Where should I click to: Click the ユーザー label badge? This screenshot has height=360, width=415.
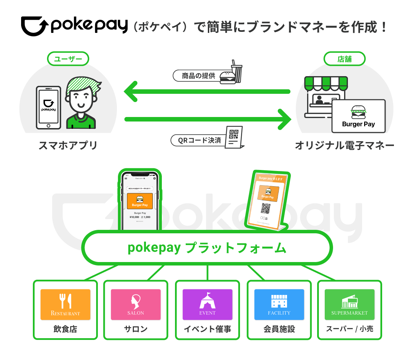pyautogui.click(x=68, y=59)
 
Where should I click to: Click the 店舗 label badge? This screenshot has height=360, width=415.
pyautogui.click(x=344, y=59)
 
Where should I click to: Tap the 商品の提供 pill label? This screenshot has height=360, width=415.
pyautogui.click(x=198, y=76)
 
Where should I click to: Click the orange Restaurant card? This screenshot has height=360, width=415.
pyautogui.click(x=65, y=304)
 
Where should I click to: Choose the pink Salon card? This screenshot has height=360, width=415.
pyautogui.click(x=136, y=304)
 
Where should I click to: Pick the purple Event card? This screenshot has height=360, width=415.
pyautogui.click(x=207, y=304)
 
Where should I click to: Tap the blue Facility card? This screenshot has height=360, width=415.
pyautogui.click(x=279, y=304)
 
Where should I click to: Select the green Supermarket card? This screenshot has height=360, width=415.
pyautogui.click(x=349, y=304)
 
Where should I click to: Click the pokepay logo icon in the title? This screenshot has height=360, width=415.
pyautogui.click(x=34, y=26)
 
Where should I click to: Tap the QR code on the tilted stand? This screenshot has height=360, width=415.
pyautogui.click(x=266, y=208)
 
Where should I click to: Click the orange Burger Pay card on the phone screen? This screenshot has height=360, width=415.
pyautogui.click(x=140, y=201)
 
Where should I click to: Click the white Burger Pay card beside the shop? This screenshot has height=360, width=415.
pyautogui.click(x=358, y=116)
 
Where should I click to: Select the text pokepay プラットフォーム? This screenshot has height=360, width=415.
pyautogui.click(x=207, y=248)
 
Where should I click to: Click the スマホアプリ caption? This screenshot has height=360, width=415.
pyautogui.click(x=68, y=145)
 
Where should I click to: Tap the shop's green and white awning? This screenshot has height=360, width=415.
pyautogui.click(x=326, y=83)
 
